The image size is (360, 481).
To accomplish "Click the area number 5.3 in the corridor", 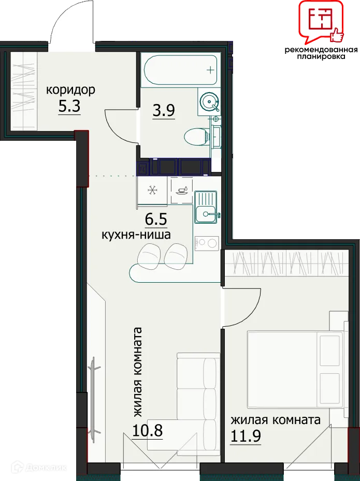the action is [69, 107].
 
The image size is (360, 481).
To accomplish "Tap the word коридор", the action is [70, 91].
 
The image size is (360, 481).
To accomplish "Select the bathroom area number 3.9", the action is [164, 110].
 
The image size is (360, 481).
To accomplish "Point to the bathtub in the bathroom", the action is [181, 70].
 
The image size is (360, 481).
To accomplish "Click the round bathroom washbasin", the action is [210, 101].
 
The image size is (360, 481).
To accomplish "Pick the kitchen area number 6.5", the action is [155, 220].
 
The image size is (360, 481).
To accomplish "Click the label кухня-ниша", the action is [136, 235].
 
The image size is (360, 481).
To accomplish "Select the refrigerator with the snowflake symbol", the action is [152, 191].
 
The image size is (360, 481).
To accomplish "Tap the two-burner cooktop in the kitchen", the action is [207, 243].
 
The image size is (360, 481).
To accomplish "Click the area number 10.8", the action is [147, 431].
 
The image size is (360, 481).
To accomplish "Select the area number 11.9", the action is [246, 436].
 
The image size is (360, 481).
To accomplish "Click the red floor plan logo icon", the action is [321, 21].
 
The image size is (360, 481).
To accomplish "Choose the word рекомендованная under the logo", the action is [321, 50].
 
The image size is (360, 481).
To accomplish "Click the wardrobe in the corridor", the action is [24, 92].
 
